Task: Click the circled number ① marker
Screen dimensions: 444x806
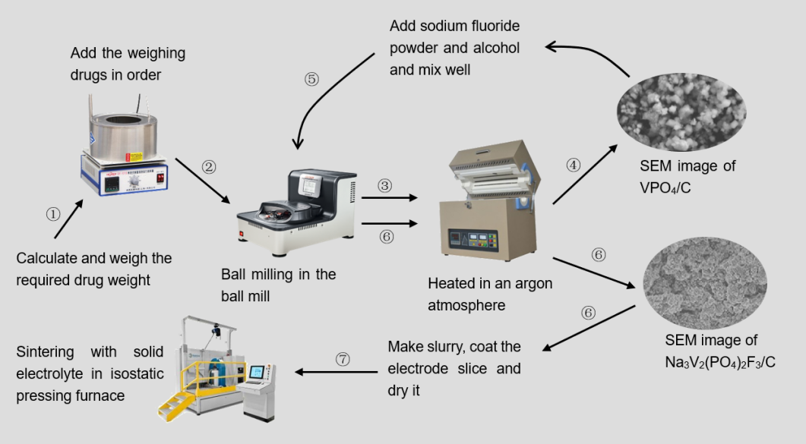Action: point(52,215)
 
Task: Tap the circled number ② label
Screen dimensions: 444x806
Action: point(210,168)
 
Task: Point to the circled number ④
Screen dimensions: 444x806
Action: point(574,163)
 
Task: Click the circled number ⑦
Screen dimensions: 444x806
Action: point(343,360)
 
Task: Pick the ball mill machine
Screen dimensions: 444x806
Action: point(297,206)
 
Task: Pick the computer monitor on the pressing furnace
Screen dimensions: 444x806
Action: point(257,372)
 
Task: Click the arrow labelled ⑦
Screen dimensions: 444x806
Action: point(337,373)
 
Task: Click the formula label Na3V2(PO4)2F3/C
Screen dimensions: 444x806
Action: point(719,363)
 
